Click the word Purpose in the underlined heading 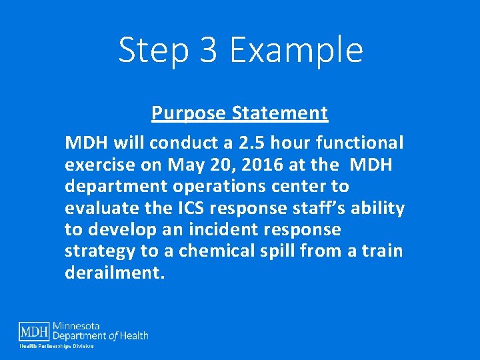(189, 113)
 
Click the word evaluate (102, 208)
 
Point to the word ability (378, 208)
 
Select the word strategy (97, 251)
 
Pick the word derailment (114, 273)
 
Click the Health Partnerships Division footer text (56, 346)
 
